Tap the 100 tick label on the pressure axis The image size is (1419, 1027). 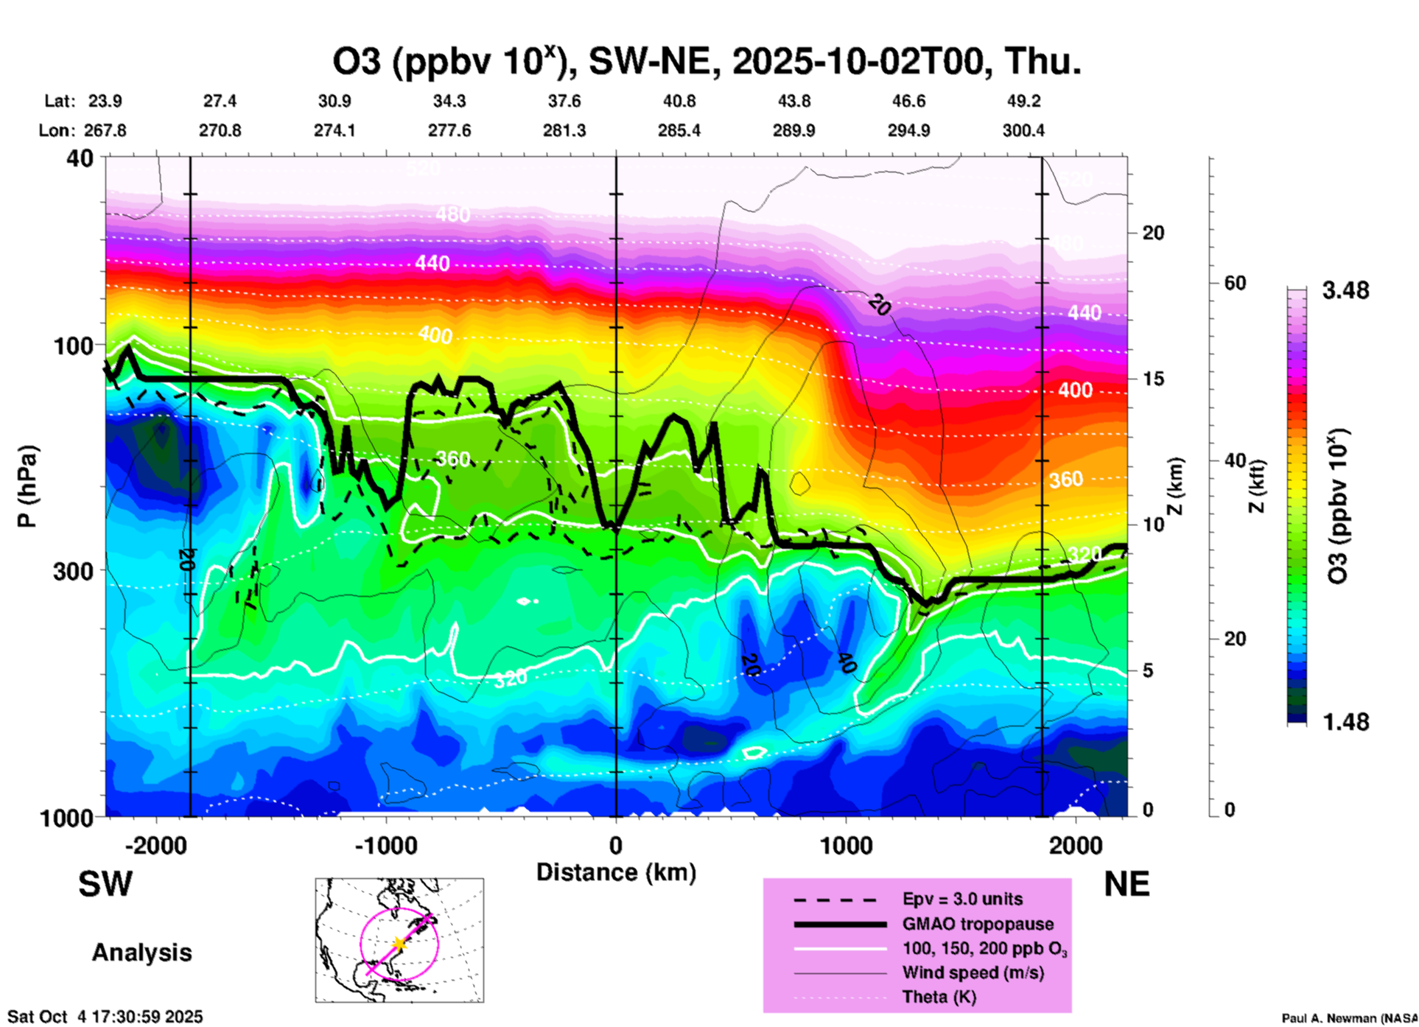pos(73,345)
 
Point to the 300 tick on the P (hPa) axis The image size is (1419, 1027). pos(73,571)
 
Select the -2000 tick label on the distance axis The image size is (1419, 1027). pos(155,845)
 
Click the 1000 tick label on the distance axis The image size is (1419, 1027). pos(846,845)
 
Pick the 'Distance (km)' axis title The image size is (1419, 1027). pos(616,872)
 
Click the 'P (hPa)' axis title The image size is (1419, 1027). pos(27,486)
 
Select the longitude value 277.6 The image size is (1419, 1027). pos(449,130)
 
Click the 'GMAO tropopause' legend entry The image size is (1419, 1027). pos(978,924)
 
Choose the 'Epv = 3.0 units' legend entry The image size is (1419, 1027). pos(962,899)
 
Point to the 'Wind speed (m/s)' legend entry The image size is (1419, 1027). pos(973,972)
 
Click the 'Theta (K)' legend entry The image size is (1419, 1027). pos(939,997)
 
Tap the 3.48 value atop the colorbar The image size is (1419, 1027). pos(1345,290)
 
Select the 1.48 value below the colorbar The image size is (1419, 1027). pos(1345,721)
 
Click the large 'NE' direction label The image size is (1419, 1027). pos(1126,884)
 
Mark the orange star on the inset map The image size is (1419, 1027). pos(399,943)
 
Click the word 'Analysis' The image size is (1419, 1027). pos(141,952)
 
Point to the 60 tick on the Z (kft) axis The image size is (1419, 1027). pos(1235,283)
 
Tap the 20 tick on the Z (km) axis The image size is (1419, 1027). pos(1153,233)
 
